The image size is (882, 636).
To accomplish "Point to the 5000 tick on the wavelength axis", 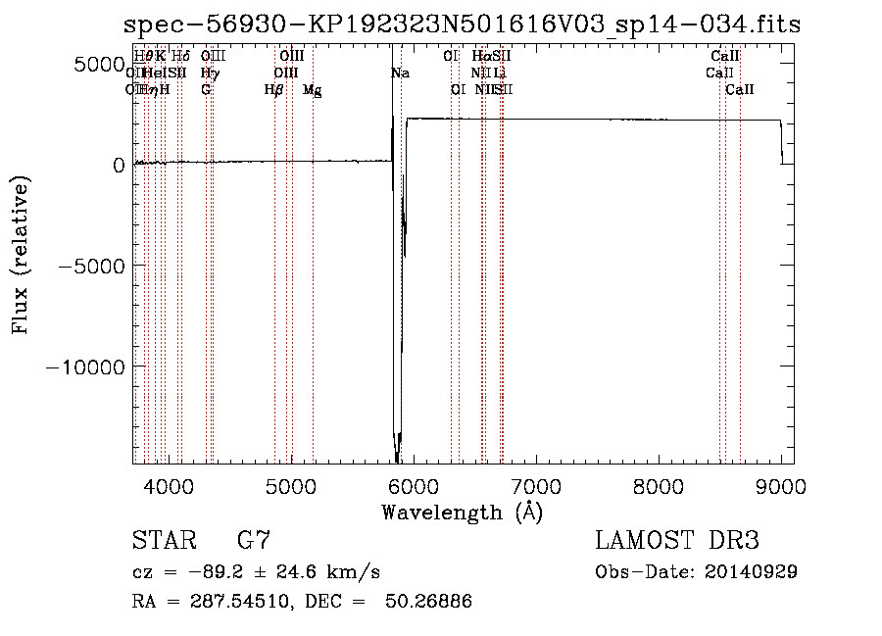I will click(x=291, y=485).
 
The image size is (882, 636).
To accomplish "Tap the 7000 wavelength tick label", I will click(x=536, y=485).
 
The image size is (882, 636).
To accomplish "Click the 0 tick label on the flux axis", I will click(x=118, y=165).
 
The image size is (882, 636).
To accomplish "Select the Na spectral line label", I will click(x=400, y=73).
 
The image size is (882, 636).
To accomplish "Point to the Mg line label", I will click(x=312, y=90).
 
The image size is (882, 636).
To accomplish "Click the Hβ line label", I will click(x=274, y=90).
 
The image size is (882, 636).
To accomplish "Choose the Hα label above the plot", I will click(x=480, y=57).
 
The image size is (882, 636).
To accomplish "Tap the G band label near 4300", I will click(x=206, y=90).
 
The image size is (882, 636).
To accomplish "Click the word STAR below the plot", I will click(x=163, y=541).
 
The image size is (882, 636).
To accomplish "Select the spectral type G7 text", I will click(x=254, y=541).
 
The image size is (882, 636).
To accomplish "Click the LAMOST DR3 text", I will click(x=677, y=541).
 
